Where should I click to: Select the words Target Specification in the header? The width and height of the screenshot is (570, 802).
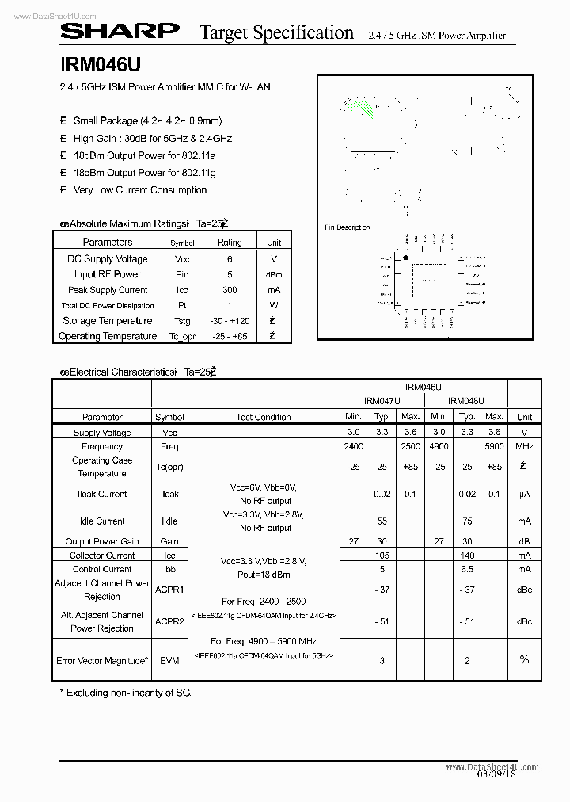(x=276, y=32)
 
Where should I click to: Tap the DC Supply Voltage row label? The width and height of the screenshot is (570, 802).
(x=102, y=258)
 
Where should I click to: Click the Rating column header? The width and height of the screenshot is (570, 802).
(x=230, y=243)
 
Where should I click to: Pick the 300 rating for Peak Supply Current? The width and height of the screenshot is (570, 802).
(x=230, y=290)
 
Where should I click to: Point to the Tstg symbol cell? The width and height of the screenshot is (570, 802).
(x=182, y=321)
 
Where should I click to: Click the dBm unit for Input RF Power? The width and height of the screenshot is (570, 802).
(x=274, y=274)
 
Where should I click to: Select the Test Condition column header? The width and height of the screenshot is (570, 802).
(x=264, y=417)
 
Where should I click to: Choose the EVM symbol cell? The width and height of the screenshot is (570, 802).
(x=169, y=660)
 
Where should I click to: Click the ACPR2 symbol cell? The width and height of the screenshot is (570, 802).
(x=169, y=621)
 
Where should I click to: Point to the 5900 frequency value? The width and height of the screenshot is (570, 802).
(x=494, y=447)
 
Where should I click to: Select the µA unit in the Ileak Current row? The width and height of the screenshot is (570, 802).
(x=524, y=494)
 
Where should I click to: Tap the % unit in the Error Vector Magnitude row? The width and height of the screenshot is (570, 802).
(x=524, y=659)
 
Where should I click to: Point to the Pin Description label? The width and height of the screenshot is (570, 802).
(x=348, y=227)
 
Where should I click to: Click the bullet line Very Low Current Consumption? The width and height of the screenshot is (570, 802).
(x=140, y=190)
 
